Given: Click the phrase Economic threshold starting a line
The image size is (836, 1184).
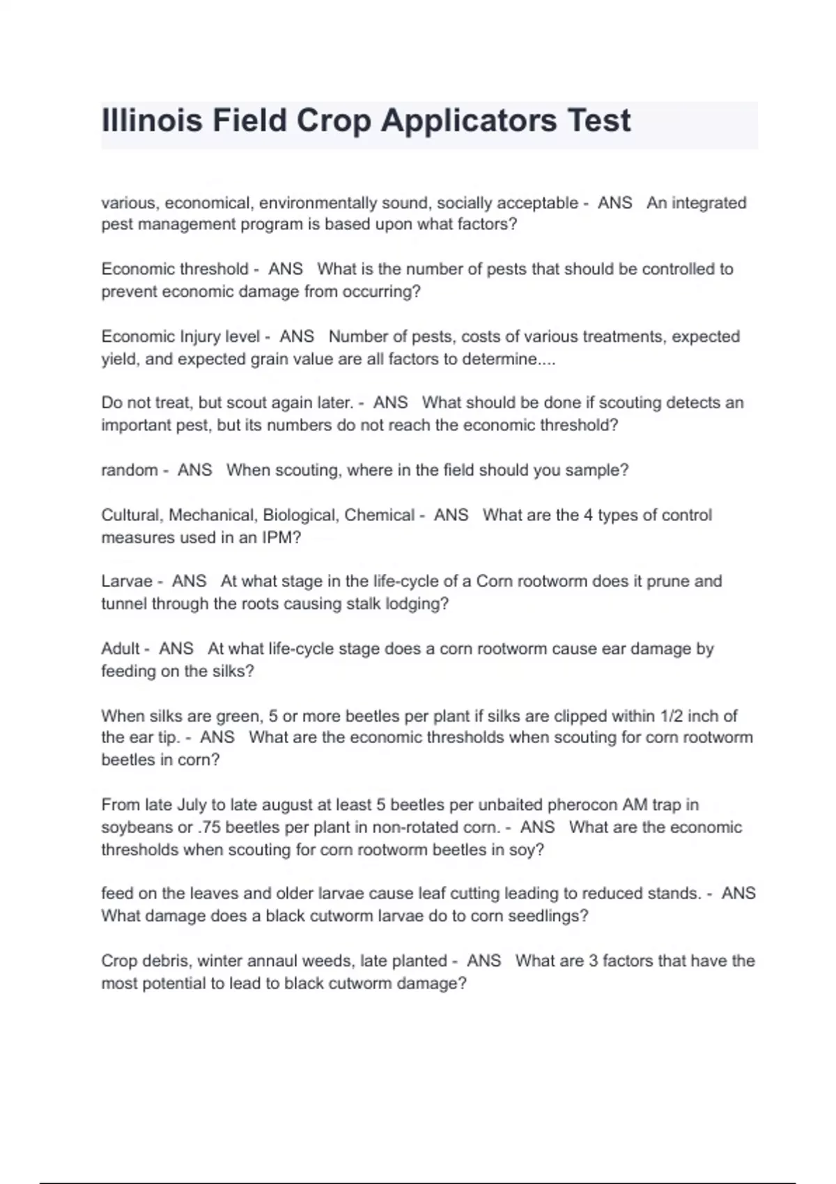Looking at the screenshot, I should coord(175,269).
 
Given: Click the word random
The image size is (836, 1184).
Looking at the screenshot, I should coord(130,470).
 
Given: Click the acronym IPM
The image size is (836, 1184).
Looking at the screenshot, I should coord(278,538).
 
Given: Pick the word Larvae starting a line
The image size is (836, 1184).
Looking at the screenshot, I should coord(127,581).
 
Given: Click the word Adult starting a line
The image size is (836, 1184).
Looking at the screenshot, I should coord(121,648).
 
